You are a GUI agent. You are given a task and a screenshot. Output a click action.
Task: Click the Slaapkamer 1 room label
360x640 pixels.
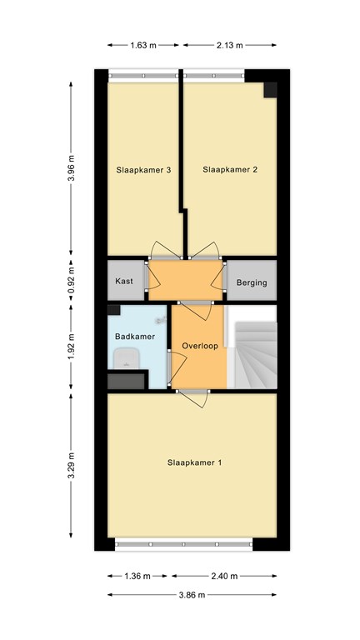coord(194,462)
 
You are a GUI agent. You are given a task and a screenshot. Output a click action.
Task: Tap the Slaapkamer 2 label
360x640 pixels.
coord(230,170)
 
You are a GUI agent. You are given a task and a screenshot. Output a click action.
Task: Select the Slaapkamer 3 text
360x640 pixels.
coord(143,170)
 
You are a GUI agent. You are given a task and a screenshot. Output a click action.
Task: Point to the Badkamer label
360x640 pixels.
coord(135,337)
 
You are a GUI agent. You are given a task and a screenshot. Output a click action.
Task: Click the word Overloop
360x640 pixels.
coord(200,346)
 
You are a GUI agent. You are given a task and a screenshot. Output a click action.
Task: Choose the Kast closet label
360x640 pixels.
coord(123,281)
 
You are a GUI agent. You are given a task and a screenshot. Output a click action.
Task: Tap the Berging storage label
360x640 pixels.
coord(252,282)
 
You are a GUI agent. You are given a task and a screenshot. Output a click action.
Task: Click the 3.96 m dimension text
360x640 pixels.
coord(71,169)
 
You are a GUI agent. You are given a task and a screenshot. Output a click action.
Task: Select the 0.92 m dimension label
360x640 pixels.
coord(71,280)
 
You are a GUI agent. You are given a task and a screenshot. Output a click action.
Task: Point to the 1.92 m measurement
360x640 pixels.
coord(71,347)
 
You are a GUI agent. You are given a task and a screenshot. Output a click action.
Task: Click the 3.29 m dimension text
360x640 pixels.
coord(71,465)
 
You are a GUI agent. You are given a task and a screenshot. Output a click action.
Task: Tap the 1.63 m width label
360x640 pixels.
coord(143,45)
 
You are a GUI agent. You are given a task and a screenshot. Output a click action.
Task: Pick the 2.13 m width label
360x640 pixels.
coord(230,45)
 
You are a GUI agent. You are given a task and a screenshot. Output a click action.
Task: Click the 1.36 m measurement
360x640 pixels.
coord(137,577)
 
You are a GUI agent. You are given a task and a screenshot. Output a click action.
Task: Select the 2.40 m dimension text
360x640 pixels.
coord(224,577)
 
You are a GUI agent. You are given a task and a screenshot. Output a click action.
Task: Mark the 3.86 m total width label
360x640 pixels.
coord(192,595)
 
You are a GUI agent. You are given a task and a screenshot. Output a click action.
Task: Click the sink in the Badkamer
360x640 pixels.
coord(127,359)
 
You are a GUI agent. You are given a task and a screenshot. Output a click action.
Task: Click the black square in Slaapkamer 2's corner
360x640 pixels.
coord(270,90)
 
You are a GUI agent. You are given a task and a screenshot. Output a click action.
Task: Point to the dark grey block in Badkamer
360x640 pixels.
coord(126,382)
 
